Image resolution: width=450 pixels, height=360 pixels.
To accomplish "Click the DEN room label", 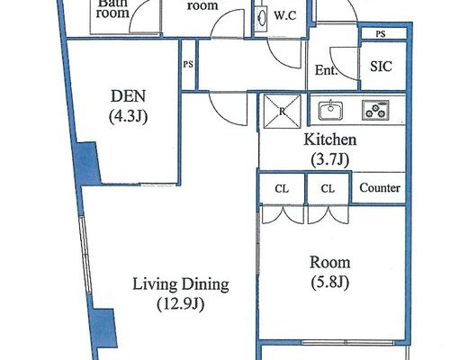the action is coord(128,96).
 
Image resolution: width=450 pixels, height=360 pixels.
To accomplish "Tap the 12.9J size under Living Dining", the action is coord(181,304).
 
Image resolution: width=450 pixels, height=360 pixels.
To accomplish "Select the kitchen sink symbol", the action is coord(330,110).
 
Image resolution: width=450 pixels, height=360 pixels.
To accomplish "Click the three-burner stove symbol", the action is coord(375,110).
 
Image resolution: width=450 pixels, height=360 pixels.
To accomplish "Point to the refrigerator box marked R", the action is coord(282,112).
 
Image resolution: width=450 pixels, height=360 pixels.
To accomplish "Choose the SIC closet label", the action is coord(381,67).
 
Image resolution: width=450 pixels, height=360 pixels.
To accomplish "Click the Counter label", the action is coord(380,188).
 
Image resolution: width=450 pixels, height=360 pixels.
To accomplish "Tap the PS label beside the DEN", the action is coord(188,64).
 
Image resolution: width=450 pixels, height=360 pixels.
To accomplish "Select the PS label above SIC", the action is coord(381,34).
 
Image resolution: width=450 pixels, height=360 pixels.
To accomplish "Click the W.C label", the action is coord(285,15).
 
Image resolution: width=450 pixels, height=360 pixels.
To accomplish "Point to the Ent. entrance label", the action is coord(326,70).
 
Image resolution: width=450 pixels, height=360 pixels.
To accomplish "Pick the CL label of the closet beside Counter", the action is coord(328,189).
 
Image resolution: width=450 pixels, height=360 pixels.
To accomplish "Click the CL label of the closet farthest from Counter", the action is coord(282,189).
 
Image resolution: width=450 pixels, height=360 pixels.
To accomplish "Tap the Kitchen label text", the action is coord(330,139).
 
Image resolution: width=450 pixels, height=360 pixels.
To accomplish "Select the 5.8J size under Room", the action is coord(330,283).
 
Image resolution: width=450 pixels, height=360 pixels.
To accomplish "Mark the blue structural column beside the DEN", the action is coord(87,164).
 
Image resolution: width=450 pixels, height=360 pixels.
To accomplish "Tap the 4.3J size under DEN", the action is coord(128,117).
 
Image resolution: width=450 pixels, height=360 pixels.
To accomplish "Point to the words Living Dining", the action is coord(181,284).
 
